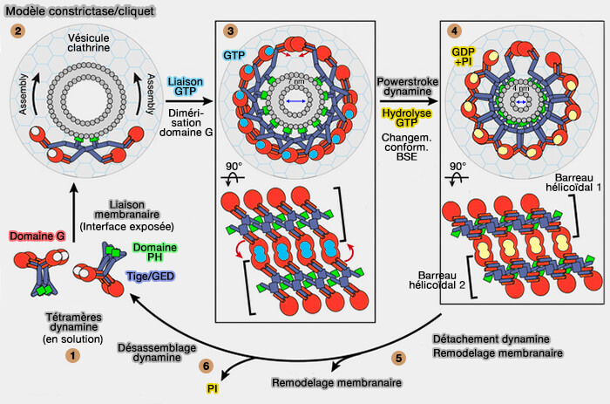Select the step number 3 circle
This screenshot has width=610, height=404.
coord(231,30)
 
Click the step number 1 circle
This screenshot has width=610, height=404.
coord(73,355)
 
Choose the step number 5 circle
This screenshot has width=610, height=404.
coord(398,358)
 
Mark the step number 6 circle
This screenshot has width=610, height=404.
coord(207,366)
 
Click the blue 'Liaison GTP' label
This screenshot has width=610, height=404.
coord(186,86)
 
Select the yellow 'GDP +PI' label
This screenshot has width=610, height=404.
coord(464,58)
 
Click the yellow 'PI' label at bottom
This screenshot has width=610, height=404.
coord(213,389)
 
